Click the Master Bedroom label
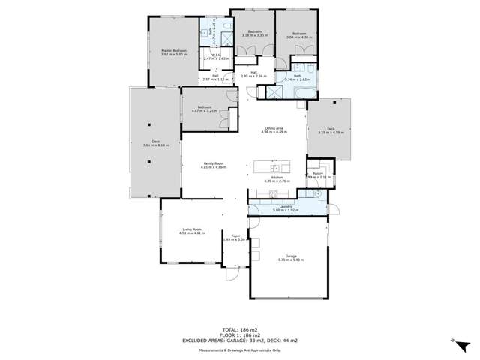(x=173, y=50)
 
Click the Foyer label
(x=235, y=235)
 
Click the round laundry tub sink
(x=319, y=194)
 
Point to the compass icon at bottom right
(x=451, y=340)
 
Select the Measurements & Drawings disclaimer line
(x=239, y=349)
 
